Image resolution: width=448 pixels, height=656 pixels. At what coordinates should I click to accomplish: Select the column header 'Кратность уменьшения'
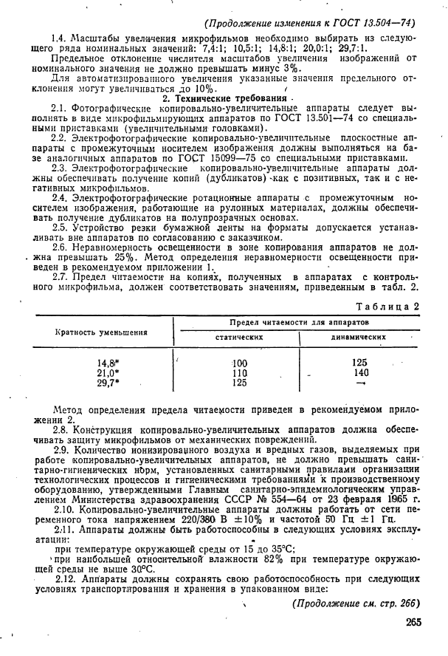tap(101, 332)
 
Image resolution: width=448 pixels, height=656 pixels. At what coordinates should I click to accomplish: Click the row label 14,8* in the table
tap(108, 363)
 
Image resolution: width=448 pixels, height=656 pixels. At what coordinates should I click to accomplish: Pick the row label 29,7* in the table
tap(108, 383)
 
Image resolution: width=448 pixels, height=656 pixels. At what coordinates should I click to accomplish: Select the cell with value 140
tap(360, 373)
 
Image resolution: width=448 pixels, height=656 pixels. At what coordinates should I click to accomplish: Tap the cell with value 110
tap(239, 373)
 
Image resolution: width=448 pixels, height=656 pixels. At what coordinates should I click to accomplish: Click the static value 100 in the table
tap(239, 363)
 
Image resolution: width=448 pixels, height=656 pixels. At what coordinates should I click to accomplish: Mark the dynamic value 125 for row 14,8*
tap(360, 363)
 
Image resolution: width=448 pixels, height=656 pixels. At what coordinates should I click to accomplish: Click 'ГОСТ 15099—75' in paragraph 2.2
tap(221, 157)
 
